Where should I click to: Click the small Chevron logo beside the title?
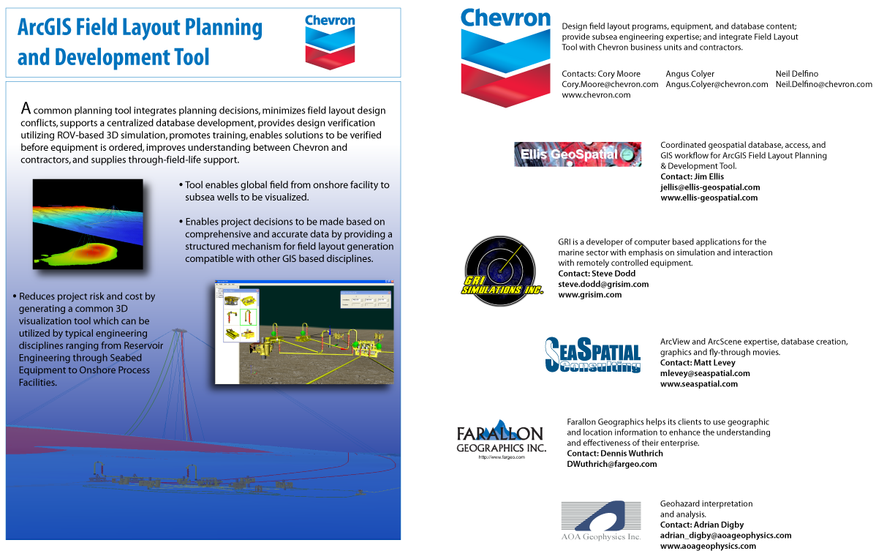pos(330,42)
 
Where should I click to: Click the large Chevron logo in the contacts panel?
pos(505,57)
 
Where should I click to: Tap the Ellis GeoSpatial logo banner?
pos(578,154)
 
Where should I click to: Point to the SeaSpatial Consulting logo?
pos(593,354)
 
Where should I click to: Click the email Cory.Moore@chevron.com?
pos(610,84)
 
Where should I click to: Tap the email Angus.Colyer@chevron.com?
pos(717,84)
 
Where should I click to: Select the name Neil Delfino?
pos(797,74)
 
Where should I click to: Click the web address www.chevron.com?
pos(596,94)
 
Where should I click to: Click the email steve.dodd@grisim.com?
pos(603,284)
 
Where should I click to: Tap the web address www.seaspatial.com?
pos(699,383)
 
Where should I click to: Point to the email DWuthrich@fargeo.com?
pos(612,464)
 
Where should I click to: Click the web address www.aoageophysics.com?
pos(708,546)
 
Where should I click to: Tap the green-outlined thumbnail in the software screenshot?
pos(249,317)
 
